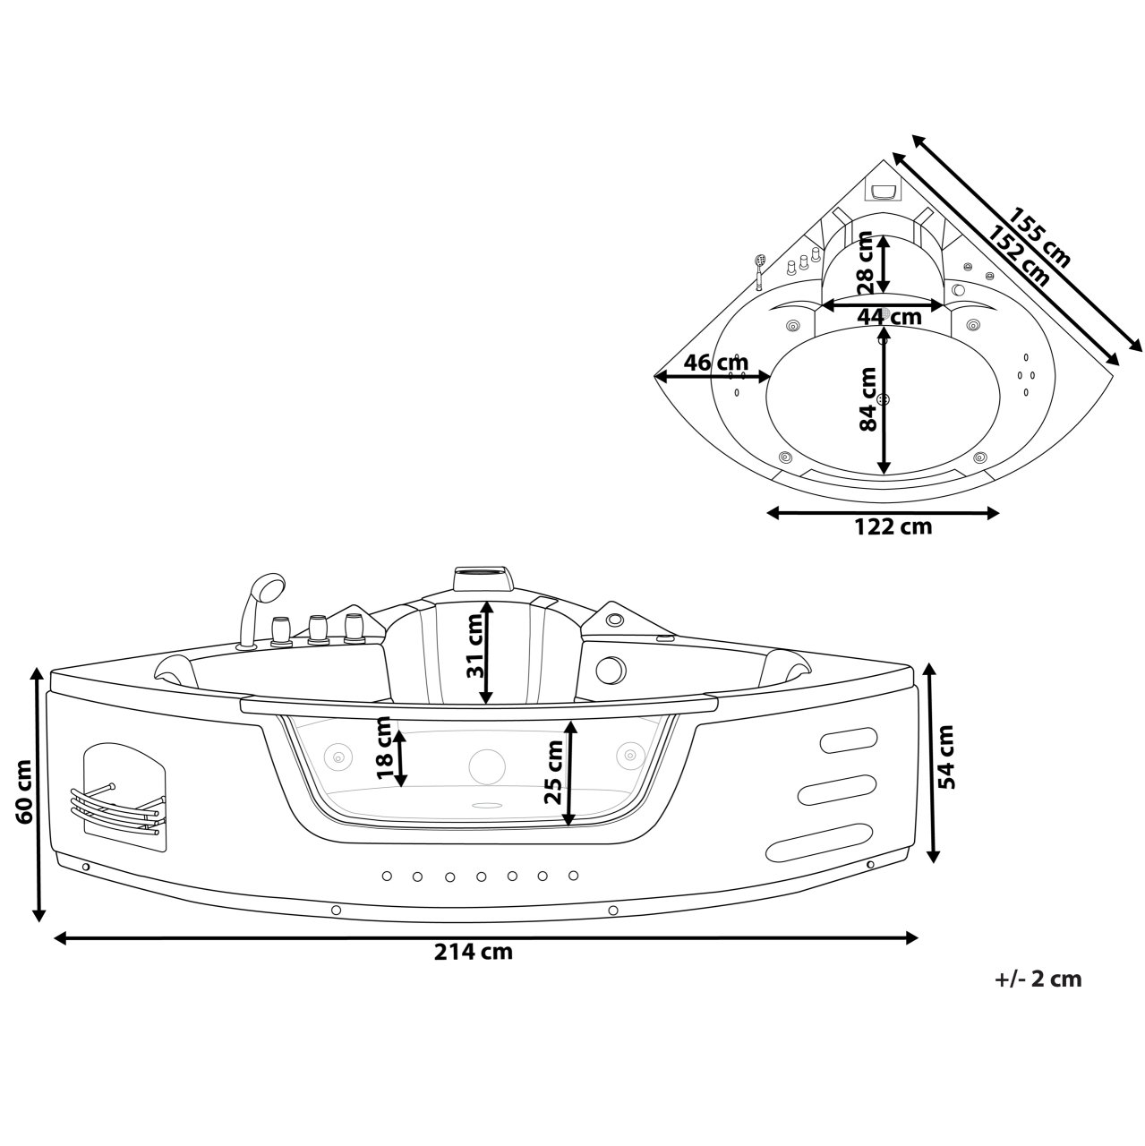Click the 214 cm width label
click(474, 952)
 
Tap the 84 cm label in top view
click(867, 399)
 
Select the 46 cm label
click(714, 363)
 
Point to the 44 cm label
click(888, 317)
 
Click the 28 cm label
click(865, 262)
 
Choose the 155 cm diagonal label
click(1039, 238)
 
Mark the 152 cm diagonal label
click(1019, 256)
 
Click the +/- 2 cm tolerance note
click(1038, 979)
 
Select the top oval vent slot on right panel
click(846, 739)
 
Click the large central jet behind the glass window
click(487, 765)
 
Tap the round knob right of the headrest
click(611, 669)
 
